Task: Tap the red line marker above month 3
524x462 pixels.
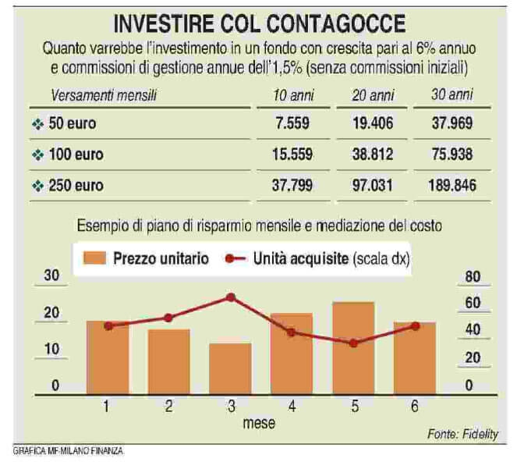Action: tap(231, 297)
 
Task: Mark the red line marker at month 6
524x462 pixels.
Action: tap(415, 325)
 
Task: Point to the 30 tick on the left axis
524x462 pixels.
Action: tap(52, 275)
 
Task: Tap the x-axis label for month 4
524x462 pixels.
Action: tap(291, 406)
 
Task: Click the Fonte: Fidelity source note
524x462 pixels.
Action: tap(462, 434)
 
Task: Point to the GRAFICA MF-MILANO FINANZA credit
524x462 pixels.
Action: tap(69, 451)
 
